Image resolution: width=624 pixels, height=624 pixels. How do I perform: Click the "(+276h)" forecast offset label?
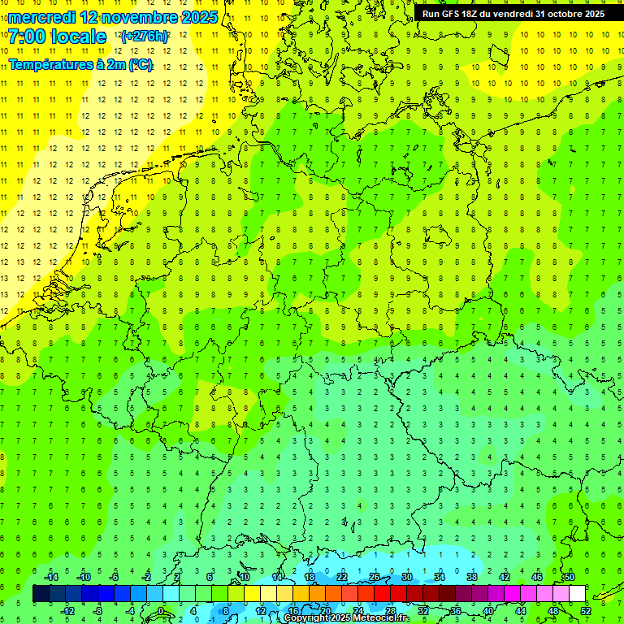[x=145, y=37]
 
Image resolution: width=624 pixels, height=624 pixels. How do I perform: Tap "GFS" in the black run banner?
[x=453, y=14]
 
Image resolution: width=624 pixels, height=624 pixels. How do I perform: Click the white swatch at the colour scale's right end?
[x=577, y=594]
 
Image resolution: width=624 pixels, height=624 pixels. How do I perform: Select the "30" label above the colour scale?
[x=407, y=577]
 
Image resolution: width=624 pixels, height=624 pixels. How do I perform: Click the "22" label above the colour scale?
[x=342, y=577]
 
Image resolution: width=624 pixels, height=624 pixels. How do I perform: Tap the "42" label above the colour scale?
[x=505, y=577]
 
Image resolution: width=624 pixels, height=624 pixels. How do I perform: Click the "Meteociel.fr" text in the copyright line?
[x=382, y=618]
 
